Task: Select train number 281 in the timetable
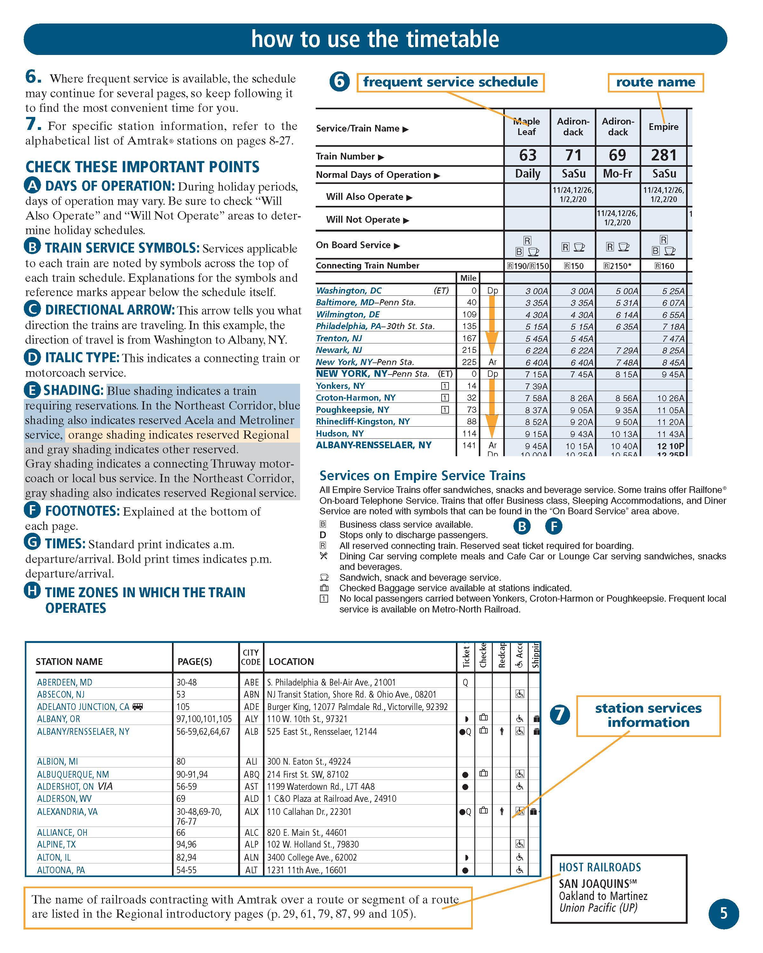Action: point(663,155)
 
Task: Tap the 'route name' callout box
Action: point(655,82)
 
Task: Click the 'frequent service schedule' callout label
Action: point(450,82)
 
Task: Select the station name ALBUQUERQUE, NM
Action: point(73,774)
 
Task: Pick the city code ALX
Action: point(251,812)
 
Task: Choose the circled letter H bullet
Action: point(32,591)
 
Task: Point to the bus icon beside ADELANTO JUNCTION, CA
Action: point(138,706)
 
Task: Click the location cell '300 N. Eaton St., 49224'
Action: point(309,761)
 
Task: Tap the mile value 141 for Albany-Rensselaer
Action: point(469,445)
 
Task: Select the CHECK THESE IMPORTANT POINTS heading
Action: point(142,167)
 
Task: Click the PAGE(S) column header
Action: point(195,662)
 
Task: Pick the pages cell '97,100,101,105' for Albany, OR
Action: point(204,719)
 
